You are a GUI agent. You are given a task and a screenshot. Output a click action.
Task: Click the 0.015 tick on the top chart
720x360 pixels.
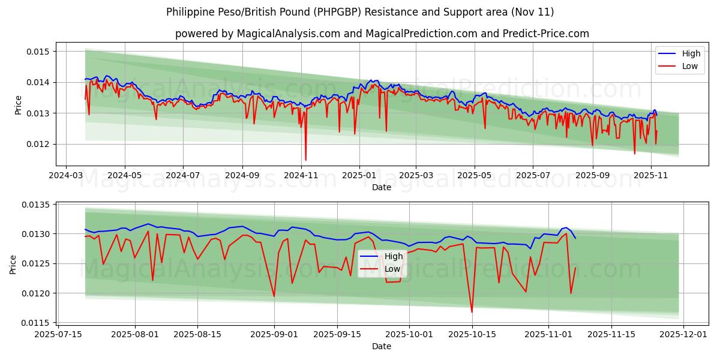(37, 52)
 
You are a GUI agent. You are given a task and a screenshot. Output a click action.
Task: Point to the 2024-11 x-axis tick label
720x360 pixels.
(301, 176)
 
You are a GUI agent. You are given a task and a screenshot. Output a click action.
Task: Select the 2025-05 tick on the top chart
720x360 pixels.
(474, 176)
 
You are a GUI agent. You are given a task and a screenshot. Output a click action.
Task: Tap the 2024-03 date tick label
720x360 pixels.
(66, 176)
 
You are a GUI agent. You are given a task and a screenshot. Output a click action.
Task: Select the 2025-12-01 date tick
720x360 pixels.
(685, 335)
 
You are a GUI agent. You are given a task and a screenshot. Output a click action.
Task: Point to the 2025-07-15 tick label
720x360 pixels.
(58, 335)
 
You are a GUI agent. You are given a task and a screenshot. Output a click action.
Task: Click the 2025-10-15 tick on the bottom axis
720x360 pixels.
(472, 335)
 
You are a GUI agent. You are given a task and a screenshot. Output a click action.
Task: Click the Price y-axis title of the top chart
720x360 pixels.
(18, 105)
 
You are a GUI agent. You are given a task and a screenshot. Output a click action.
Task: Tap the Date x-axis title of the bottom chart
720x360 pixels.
(382, 346)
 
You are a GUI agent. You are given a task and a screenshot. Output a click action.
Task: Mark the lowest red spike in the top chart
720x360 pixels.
(305, 160)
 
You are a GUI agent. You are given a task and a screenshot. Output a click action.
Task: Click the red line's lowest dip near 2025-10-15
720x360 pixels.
(472, 312)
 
